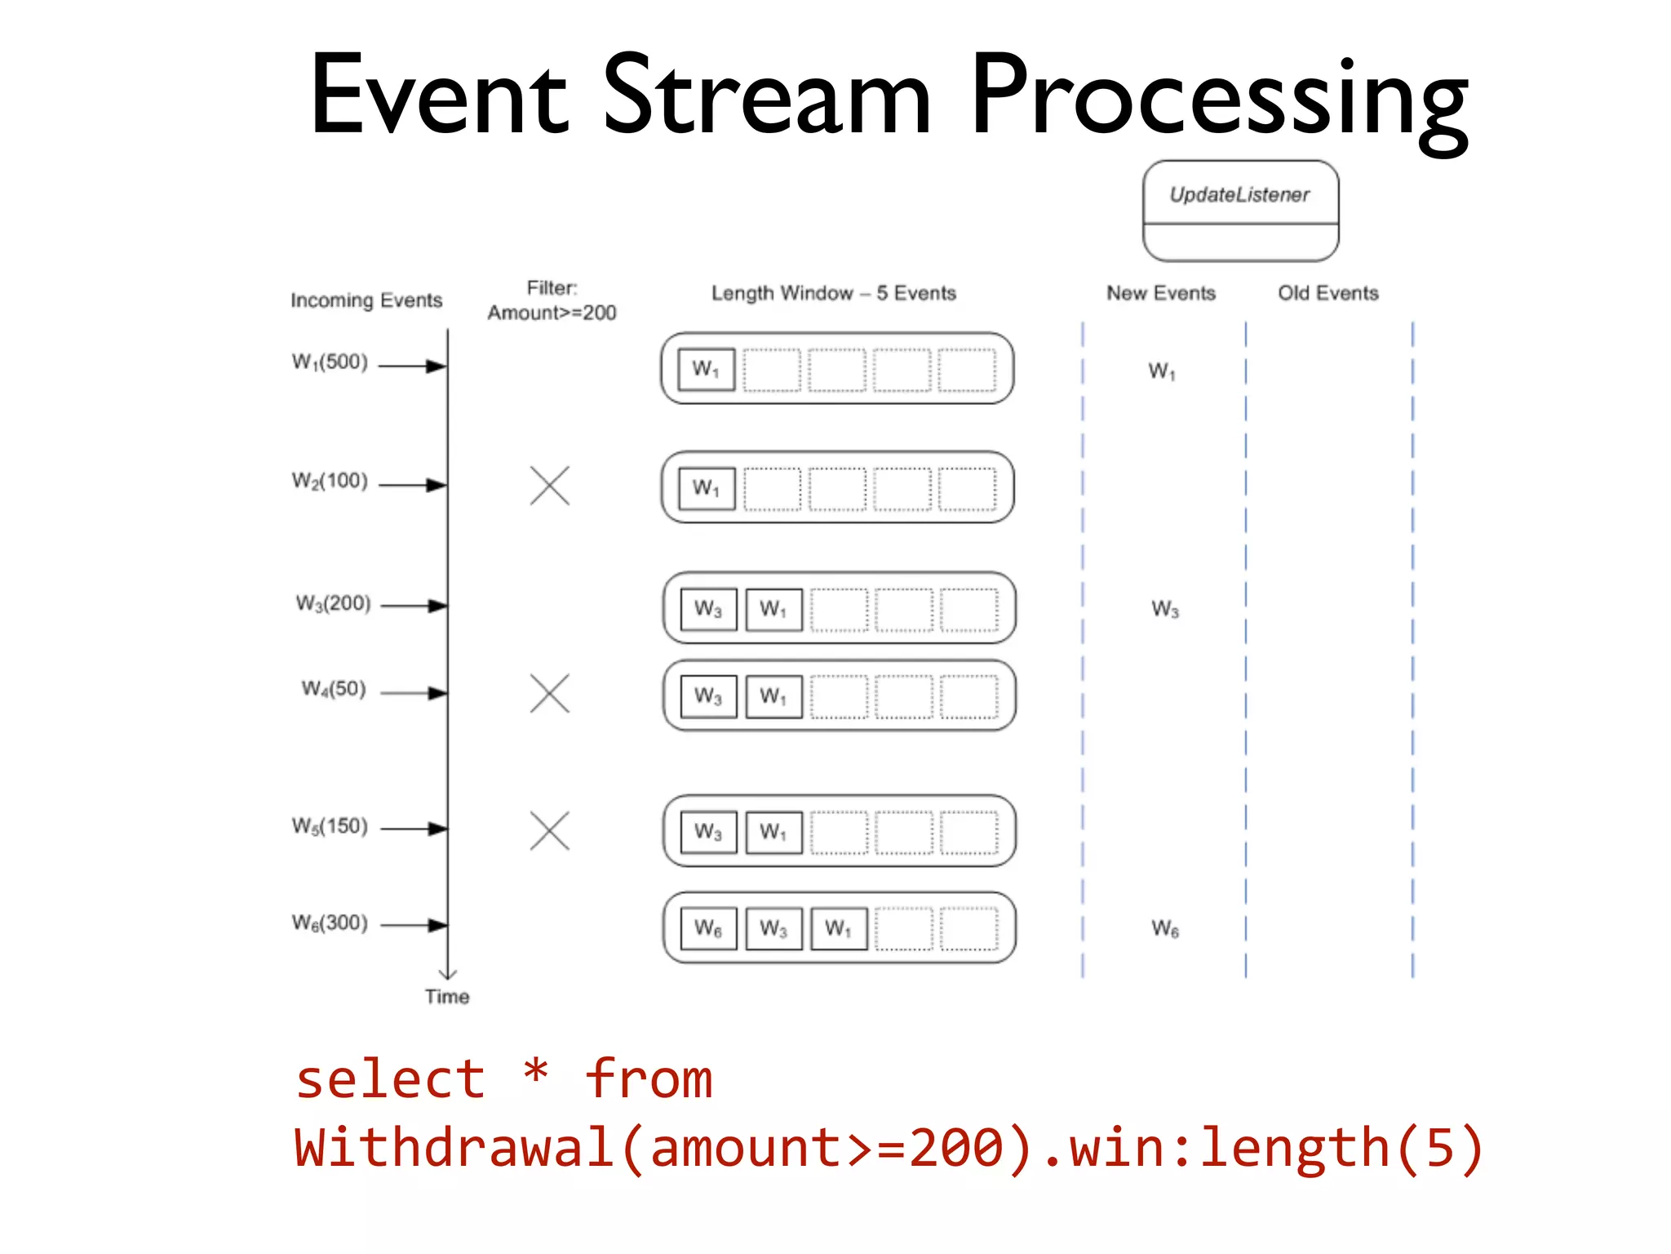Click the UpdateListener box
click(1240, 211)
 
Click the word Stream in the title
click(766, 96)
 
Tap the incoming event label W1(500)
click(330, 362)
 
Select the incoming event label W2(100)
click(330, 481)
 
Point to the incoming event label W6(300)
click(330, 923)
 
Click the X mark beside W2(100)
click(549, 486)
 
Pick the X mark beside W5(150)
click(549, 831)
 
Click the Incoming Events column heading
click(366, 300)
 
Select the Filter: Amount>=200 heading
click(552, 300)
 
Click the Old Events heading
click(1327, 293)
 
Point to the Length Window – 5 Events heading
click(833, 293)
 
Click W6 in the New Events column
click(1164, 929)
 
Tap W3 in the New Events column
click(1164, 609)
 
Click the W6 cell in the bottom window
click(707, 929)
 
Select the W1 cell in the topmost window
click(706, 370)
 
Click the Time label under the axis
click(446, 997)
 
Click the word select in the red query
click(390, 1079)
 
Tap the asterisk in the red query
click(535, 1069)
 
